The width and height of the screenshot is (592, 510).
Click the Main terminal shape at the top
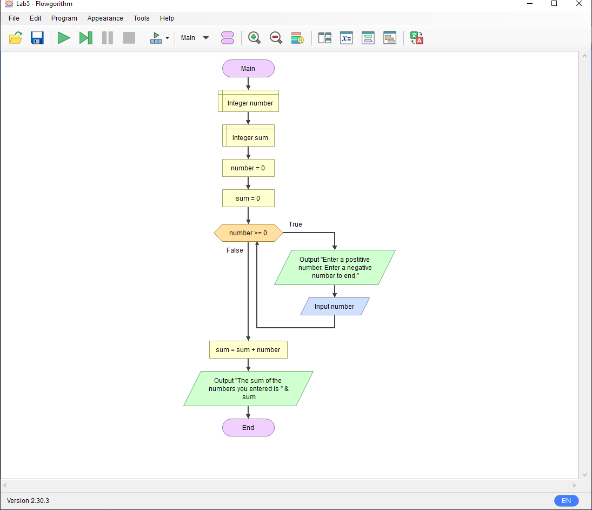pyautogui.click(x=248, y=69)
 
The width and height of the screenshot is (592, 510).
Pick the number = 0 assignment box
pyautogui.click(x=248, y=168)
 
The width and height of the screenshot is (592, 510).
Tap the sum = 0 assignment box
pyautogui.click(x=248, y=198)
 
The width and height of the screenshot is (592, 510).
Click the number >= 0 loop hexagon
pyautogui.click(x=248, y=233)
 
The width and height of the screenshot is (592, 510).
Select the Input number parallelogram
pyautogui.click(x=335, y=307)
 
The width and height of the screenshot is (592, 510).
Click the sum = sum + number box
pyautogui.click(x=248, y=350)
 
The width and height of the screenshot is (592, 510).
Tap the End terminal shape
pyautogui.click(x=248, y=428)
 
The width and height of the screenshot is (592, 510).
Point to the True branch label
pyautogui.click(x=295, y=224)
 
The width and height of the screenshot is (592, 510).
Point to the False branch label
pyautogui.click(x=235, y=250)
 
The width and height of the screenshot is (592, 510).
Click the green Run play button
pyautogui.click(x=64, y=38)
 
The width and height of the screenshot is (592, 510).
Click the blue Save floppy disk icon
pyautogui.click(x=37, y=38)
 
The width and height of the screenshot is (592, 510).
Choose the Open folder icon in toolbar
pyautogui.click(x=16, y=38)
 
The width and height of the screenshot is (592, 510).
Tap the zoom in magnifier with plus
pyautogui.click(x=254, y=38)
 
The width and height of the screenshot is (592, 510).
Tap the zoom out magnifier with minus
pyautogui.click(x=276, y=38)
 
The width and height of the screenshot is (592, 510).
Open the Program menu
pyautogui.click(x=64, y=18)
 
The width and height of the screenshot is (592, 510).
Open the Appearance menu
pyautogui.click(x=105, y=18)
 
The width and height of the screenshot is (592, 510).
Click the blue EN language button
pyautogui.click(x=566, y=501)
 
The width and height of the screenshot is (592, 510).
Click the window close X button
pyautogui.click(x=579, y=4)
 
